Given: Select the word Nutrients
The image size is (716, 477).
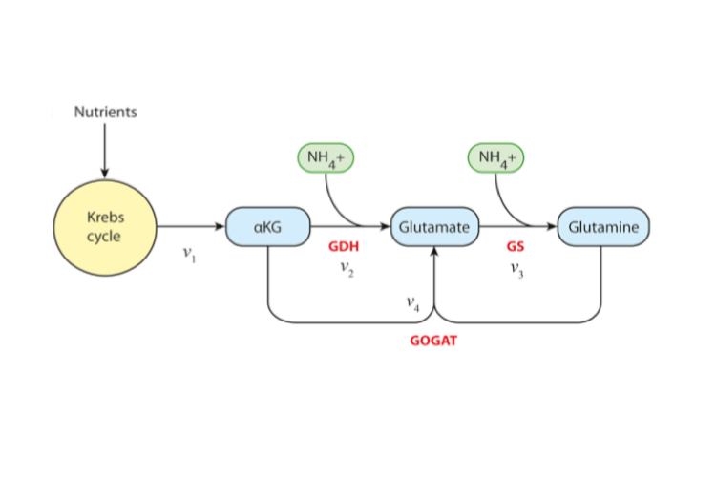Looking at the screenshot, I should [105, 112].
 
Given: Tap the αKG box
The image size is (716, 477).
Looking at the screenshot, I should [268, 227].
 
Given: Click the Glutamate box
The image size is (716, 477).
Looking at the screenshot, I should [434, 227].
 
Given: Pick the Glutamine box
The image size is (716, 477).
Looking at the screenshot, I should [603, 227].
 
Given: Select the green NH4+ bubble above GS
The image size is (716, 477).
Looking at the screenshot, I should [496, 157].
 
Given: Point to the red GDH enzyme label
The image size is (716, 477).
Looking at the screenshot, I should [344, 247].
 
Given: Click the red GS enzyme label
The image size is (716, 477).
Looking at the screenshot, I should [516, 247].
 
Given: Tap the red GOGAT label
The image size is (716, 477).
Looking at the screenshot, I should [433, 340].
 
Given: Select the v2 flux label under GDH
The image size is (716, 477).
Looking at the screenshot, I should [347, 269].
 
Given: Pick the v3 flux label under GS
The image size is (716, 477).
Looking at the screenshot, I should [516, 269].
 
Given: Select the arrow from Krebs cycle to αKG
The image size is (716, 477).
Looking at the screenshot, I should [191, 227].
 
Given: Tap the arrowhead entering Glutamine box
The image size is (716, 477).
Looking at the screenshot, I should [552, 227].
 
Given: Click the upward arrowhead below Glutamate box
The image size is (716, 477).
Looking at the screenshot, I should [434, 252].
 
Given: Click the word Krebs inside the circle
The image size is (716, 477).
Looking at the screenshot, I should [105, 218].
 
